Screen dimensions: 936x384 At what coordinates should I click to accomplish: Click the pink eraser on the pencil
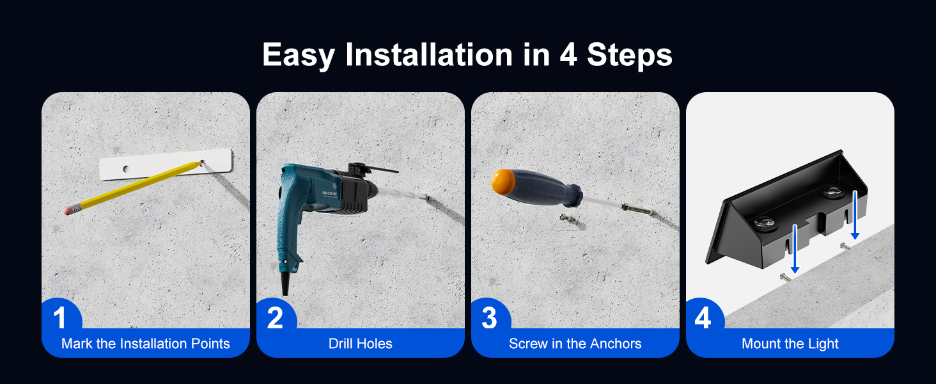[69, 209]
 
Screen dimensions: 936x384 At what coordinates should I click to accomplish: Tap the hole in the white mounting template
[126, 169]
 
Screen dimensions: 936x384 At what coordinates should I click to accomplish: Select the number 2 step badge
[275, 317]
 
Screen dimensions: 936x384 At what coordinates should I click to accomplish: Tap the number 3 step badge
[489, 317]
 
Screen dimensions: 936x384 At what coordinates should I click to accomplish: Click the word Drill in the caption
[340, 344]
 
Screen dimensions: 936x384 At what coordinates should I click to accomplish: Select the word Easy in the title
[299, 55]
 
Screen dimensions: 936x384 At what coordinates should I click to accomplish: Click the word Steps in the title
[630, 55]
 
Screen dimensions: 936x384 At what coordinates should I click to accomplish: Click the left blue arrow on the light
[794, 249]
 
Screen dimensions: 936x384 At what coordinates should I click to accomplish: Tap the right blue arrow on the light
[855, 215]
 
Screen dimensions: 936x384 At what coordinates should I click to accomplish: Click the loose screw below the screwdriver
[565, 218]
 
